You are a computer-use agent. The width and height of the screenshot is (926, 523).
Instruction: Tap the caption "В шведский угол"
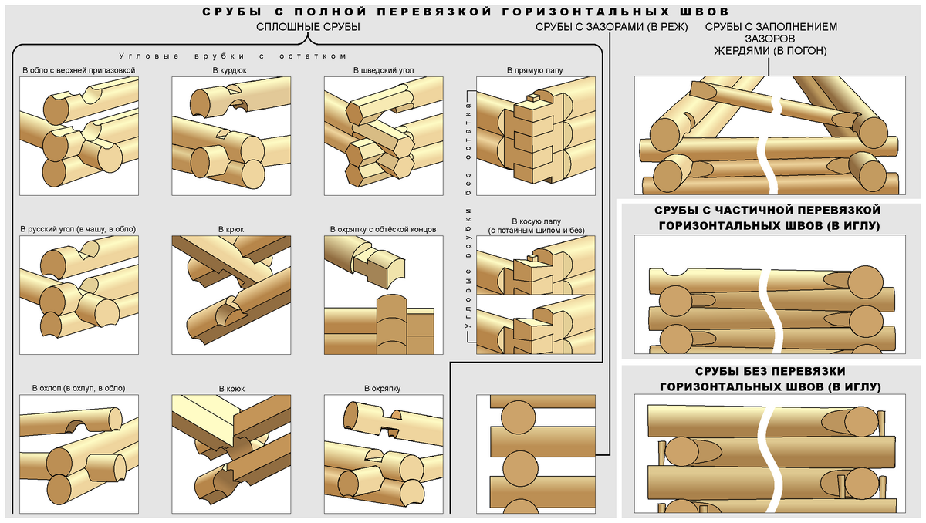click(x=384, y=70)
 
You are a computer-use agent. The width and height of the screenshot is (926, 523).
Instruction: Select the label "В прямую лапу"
click(x=535, y=70)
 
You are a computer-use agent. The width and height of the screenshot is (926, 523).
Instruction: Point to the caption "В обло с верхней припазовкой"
click(x=79, y=70)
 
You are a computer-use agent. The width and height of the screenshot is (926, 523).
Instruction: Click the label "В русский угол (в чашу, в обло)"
click(x=78, y=229)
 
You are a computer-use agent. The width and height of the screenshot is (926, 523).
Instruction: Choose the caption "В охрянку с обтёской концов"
click(x=384, y=229)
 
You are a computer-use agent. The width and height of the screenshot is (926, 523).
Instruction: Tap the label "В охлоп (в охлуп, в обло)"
click(x=78, y=388)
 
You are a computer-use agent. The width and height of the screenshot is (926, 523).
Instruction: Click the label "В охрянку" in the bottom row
click(x=384, y=388)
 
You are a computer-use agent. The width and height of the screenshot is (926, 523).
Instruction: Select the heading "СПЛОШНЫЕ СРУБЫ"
click(x=309, y=28)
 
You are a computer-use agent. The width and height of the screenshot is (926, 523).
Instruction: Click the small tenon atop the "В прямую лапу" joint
click(x=533, y=98)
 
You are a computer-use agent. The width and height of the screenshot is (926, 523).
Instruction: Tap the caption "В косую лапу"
click(x=534, y=221)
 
